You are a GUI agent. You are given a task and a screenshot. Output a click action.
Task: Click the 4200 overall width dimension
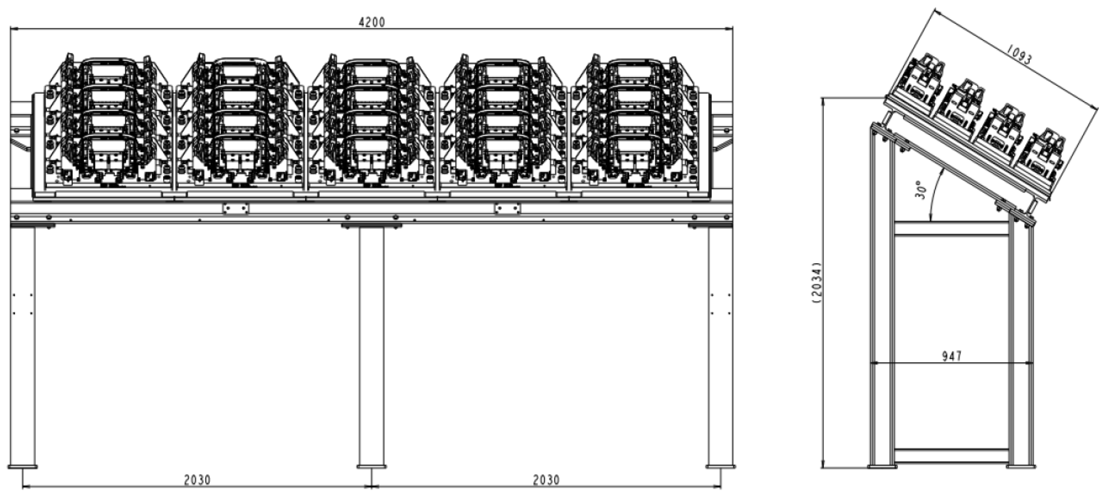coord(372,22)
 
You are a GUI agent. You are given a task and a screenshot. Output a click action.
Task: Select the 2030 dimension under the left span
coord(197,480)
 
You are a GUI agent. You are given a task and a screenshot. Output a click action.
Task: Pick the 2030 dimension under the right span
coord(546,480)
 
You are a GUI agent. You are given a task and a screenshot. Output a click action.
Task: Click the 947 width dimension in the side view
coord(952,356)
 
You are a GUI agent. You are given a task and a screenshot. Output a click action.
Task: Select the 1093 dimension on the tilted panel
coord(1019,56)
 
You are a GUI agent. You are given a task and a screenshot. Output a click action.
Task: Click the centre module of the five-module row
coord(372,124)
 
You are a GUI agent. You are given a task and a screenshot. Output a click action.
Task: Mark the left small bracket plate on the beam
coord(235,209)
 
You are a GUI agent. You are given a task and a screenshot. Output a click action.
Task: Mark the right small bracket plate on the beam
coord(507,209)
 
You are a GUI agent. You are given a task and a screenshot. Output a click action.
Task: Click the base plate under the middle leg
coord(372,467)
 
